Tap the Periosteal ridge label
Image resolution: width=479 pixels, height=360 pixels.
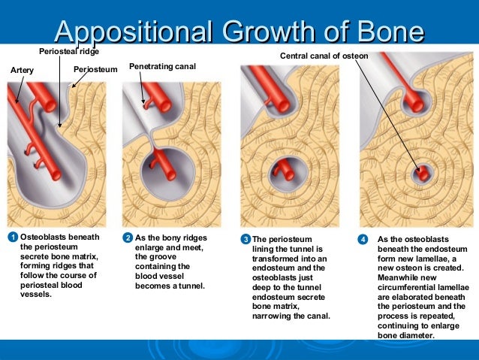tap(69, 51)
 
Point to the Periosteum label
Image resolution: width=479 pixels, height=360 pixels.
tap(96, 70)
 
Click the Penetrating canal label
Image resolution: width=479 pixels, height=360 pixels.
tap(163, 68)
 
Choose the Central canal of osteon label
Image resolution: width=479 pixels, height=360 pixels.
tap(324, 56)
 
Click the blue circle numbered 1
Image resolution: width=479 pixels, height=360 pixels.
tap(12, 237)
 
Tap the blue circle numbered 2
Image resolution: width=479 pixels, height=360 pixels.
tap(128, 237)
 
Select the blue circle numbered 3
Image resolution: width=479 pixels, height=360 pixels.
tap(245, 239)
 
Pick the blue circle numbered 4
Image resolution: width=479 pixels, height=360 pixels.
tap(363, 239)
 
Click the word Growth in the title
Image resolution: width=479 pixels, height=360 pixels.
tap(273, 32)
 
